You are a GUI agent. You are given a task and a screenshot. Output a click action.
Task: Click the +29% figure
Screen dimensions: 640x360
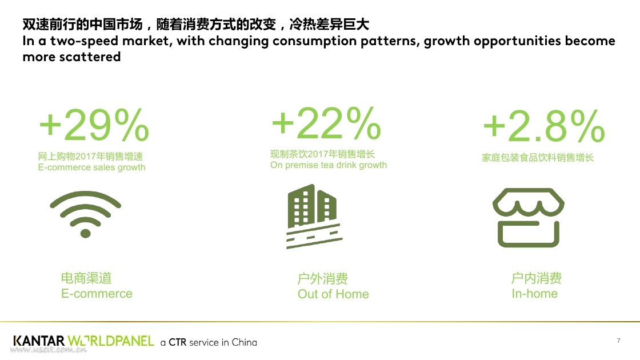94,125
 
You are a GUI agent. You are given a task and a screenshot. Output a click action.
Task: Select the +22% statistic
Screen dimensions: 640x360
326,122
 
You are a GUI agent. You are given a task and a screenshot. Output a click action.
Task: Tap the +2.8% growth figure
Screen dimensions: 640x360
543,126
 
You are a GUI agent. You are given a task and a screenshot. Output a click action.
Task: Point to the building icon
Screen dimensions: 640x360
314,217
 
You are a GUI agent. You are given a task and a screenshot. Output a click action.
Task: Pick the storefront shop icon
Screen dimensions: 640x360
528,218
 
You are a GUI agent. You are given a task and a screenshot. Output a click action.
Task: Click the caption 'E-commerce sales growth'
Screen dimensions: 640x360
91,167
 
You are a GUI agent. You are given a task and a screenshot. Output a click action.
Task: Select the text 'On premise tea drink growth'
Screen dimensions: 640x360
328,165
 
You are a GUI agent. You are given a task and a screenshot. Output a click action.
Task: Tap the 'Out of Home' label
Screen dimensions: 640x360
333,294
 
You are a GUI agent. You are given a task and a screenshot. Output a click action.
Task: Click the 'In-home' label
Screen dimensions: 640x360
534,294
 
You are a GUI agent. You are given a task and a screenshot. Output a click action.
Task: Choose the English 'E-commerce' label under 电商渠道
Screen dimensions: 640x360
97,294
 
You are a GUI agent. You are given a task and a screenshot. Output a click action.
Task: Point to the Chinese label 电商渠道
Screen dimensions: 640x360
86,278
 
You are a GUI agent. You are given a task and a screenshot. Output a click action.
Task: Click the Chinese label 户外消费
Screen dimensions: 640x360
322,279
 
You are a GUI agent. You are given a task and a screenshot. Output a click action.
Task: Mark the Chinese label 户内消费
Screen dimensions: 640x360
537,278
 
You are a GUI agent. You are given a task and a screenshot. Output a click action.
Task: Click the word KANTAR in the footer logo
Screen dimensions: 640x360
39,341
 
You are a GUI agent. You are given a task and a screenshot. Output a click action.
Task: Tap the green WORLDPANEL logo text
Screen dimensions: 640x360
111,341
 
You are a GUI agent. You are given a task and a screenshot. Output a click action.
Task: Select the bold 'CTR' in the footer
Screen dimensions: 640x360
177,342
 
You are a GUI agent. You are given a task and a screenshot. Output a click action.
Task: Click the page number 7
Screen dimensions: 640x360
619,341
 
